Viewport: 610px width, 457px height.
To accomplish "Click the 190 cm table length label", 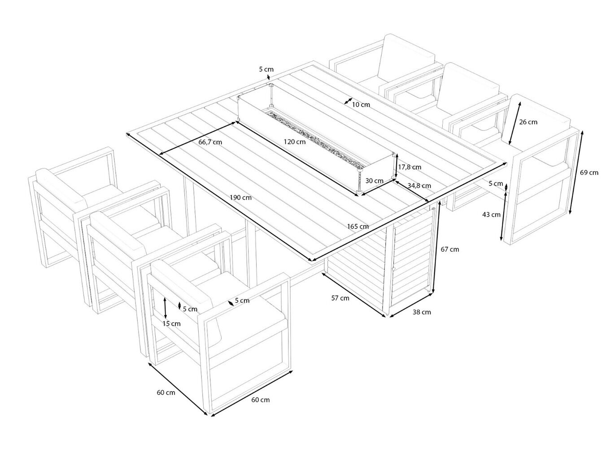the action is coord(240,198).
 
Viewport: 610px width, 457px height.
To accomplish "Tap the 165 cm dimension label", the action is coord(357,226).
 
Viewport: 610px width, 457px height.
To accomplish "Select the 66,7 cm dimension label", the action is coord(210,142).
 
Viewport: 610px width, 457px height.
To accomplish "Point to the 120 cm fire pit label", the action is coord(295,142).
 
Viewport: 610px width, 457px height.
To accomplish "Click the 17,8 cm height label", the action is coord(410,167).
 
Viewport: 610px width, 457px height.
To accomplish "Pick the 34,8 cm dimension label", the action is coord(419,185).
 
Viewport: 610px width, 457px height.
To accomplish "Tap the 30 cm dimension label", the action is coord(375,181).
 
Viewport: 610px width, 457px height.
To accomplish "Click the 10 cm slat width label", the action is coord(361,104).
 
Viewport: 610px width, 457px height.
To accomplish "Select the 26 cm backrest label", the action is coord(528,122).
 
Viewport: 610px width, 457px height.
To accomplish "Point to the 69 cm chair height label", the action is coord(589,172).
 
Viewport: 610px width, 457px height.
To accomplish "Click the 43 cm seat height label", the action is coord(491,215).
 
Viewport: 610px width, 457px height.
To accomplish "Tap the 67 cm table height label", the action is coord(450,249).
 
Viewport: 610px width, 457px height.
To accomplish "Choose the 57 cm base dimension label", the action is coord(340,298).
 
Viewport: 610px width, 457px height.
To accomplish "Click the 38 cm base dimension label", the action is coord(422,312).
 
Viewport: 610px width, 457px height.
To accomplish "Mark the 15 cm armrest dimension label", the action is coord(171,323).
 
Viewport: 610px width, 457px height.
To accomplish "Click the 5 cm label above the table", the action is coord(266,69).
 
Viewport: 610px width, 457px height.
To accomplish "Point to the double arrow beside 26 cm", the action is coord(515,123).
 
